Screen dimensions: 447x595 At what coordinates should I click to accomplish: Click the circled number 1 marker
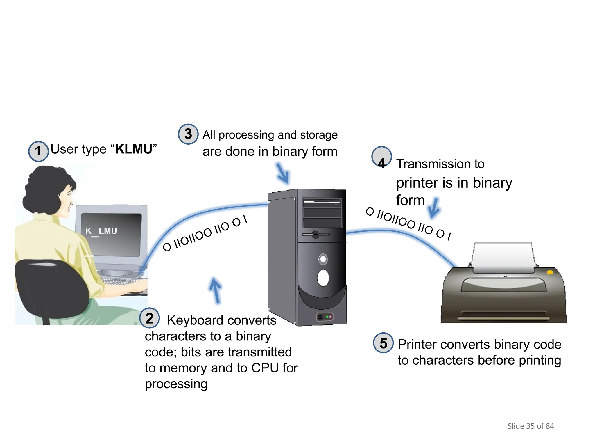38,151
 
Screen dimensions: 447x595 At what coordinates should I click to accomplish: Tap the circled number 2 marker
149,318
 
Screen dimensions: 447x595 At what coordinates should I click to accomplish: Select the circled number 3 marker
188,134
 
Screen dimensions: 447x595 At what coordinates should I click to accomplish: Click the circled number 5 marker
383,343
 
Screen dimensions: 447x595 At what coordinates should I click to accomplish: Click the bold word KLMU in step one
134,149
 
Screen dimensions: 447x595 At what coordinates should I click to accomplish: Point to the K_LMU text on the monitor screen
101,231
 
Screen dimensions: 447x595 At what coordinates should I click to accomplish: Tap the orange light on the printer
550,272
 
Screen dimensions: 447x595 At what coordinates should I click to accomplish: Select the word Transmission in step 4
428,164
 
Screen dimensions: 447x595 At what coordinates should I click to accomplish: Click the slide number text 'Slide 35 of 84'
531,426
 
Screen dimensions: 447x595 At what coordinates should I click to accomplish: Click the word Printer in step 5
417,345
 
